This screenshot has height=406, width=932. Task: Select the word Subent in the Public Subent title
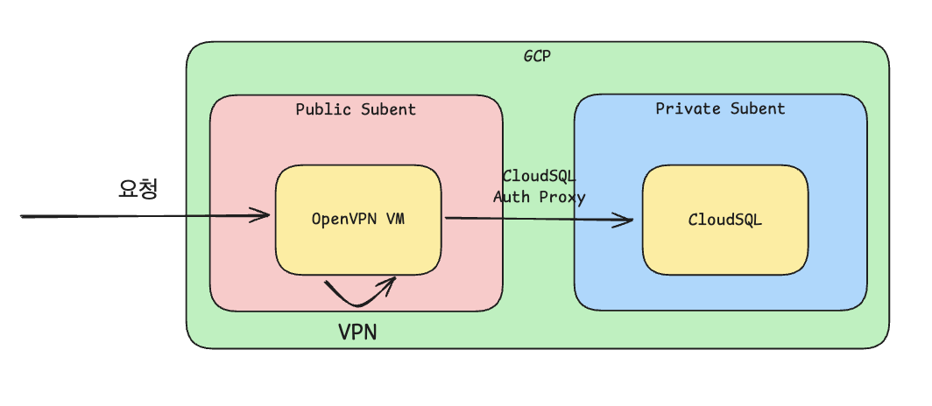point(388,109)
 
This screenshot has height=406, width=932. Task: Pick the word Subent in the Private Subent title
point(756,108)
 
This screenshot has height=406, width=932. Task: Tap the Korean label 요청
point(138,189)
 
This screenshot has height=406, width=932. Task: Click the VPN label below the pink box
point(357,333)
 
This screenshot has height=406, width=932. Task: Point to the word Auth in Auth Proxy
point(511,197)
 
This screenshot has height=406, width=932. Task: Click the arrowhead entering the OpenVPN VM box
point(265,215)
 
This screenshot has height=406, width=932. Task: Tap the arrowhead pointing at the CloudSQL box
point(627,221)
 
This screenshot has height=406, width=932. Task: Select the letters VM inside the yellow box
point(395,219)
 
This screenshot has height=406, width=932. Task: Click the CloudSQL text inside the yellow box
point(724,220)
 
